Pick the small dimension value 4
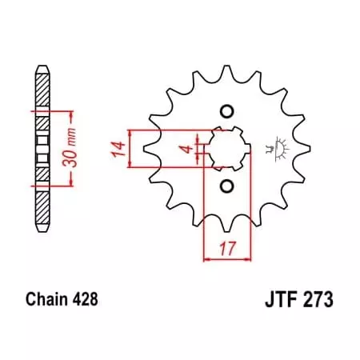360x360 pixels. pyautogui.click(x=183, y=149)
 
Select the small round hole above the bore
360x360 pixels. pyautogui.click(x=226, y=110)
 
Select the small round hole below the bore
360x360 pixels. pyautogui.click(x=226, y=186)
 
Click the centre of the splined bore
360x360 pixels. pyautogui.click(x=226, y=149)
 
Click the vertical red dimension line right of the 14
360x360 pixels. pyautogui.click(x=130, y=148)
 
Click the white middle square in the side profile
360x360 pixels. pyautogui.click(x=40, y=148)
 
